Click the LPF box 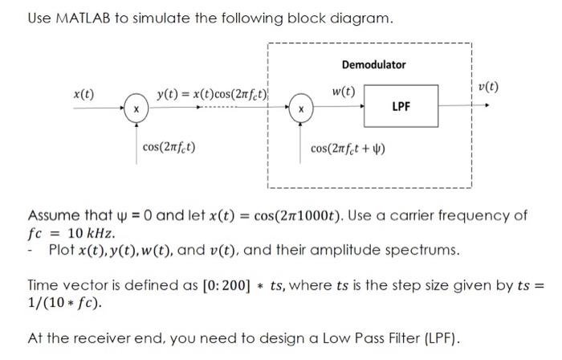(401, 106)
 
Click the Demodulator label (373, 64)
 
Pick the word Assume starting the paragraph (55, 216)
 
